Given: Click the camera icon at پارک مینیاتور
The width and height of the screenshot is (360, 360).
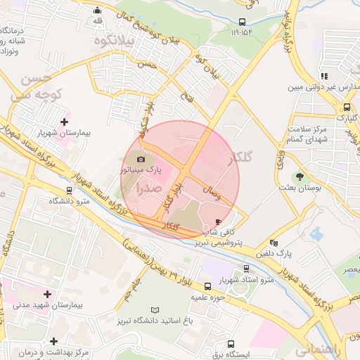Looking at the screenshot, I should [x=143, y=160].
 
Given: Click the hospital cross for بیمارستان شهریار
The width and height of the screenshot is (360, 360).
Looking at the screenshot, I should [x=65, y=122].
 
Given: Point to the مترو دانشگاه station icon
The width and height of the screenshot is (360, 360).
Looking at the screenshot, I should [x=68, y=190].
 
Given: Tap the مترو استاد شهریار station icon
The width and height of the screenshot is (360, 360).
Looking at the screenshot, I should [x=245, y=269].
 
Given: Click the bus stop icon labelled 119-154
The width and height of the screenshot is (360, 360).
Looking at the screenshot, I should [x=242, y=22].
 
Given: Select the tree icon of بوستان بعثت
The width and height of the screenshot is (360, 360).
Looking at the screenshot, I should [x=300, y=176].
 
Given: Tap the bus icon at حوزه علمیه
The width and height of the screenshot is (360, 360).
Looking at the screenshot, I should [x=207, y=286].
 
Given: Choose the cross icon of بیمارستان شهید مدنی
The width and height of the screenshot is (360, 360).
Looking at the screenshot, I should [x=47, y=294].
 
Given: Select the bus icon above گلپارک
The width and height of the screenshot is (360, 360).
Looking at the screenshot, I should [x=347, y=108].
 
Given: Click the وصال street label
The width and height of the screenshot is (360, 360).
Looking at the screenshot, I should [x=212, y=192].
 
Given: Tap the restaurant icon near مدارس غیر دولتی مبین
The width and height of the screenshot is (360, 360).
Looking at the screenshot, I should [x=323, y=76].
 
